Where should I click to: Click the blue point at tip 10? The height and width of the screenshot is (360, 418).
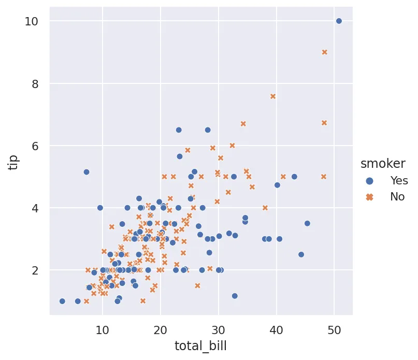coord(339,21)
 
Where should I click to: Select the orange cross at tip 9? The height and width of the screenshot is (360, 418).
coord(325,52)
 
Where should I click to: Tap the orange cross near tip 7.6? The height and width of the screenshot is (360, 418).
coord(273,96)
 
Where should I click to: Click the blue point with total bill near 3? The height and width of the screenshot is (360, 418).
coord(62,301)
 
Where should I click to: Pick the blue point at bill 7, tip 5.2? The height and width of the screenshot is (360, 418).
coord(87,172)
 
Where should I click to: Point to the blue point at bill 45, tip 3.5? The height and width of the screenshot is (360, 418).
coord(307,223)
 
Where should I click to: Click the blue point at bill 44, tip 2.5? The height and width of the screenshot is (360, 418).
coord(301,254)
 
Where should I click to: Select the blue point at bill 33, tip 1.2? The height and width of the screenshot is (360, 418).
coord(235,296)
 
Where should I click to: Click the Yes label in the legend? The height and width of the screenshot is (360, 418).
coord(399,180)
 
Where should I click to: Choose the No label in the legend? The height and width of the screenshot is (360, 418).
coord(397,197)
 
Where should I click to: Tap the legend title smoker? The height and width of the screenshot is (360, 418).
coord(383,164)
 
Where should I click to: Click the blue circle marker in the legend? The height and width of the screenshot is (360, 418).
coord(370,180)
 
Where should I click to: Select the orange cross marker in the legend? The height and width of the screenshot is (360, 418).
coord(370,197)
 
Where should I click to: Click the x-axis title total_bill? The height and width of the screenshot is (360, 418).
coord(201,346)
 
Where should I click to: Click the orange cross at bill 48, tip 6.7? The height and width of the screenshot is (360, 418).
coord(324,123)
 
